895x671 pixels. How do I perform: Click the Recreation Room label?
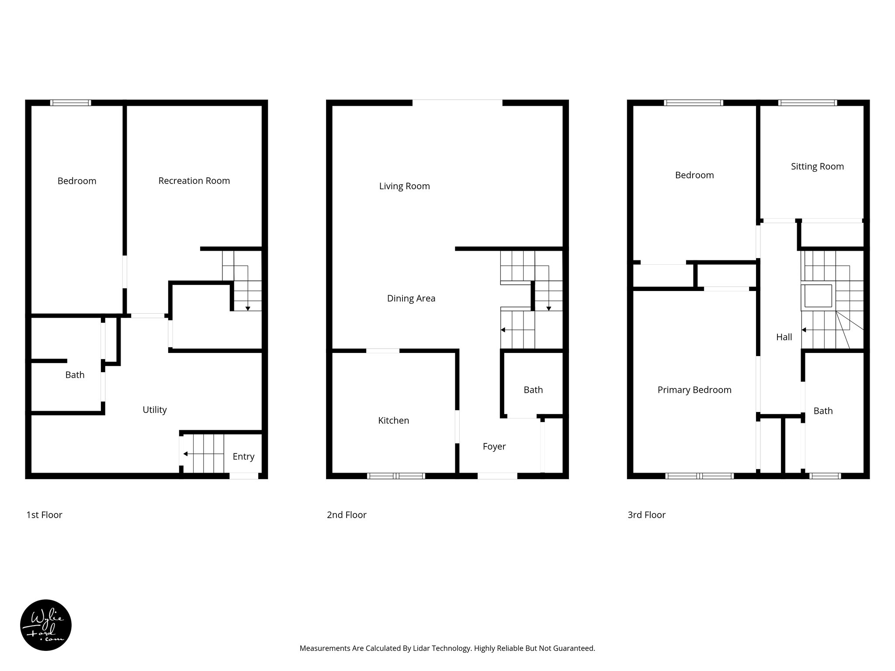[x=194, y=181]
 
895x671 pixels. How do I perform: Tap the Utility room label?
[x=155, y=410]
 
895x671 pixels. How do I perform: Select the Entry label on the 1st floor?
[x=243, y=457]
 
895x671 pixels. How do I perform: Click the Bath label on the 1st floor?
[x=75, y=375]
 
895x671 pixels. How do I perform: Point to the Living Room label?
[x=404, y=187]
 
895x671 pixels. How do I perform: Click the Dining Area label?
[x=411, y=298]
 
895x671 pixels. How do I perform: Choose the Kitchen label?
[x=393, y=421]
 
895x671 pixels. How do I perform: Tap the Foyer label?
[x=494, y=446]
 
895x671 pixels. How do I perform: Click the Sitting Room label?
[x=817, y=166]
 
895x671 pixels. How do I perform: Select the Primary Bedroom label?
[x=694, y=390]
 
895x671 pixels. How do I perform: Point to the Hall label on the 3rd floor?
[x=784, y=337]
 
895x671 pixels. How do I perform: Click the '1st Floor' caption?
[x=44, y=515]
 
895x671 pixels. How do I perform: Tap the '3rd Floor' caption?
[x=646, y=515]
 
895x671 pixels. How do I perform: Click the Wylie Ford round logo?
[x=46, y=625]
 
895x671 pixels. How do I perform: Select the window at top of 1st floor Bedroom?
[x=70, y=103]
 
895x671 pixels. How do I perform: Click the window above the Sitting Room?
[x=808, y=103]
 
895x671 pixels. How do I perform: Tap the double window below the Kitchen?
[x=396, y=476]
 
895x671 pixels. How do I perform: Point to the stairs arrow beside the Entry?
[x=186, y=454]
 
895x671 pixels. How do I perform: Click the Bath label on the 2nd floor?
[x=533, y=390]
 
